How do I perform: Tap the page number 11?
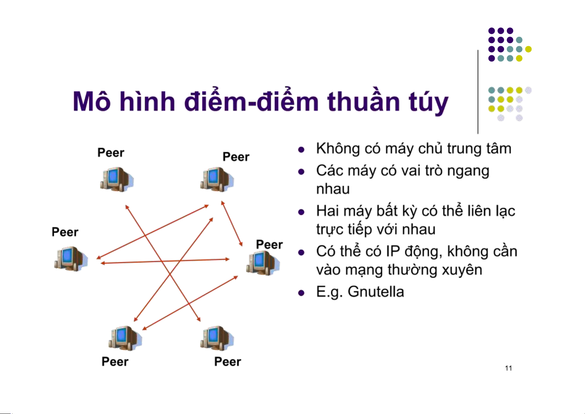tap(509, 368)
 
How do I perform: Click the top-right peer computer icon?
tap(217, 179)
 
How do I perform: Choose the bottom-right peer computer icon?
tap(217, 338)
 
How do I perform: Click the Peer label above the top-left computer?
tap(111, 153)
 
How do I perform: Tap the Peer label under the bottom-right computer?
tap(227, 362)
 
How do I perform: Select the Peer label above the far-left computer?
tap(65, 232)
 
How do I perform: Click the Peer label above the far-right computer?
tap(269, 245)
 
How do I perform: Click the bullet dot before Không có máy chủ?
tap(301, 150)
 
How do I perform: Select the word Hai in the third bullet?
tap(328, 211)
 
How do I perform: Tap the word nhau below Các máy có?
tap(333, 189)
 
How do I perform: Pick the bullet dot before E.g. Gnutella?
tap(301, 293)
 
